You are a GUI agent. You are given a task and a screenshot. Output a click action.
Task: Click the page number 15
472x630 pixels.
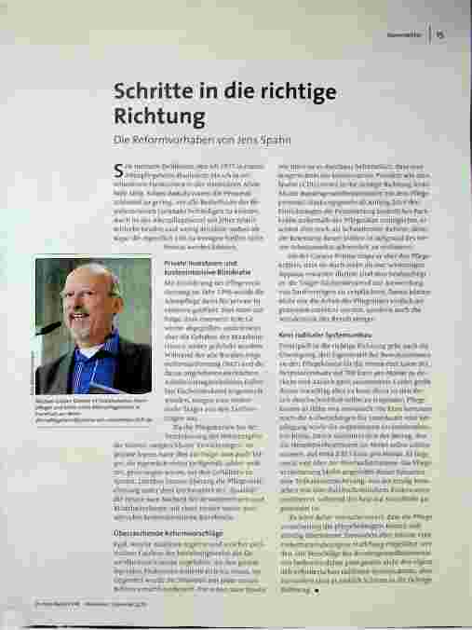[440, 36]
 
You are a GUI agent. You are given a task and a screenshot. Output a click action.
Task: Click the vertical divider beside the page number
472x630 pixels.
[430, 36]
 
